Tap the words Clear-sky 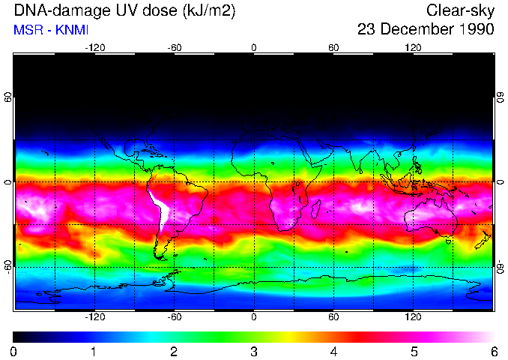click(460, 11)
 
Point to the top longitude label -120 click(94, 48)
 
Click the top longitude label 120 click(413, 48)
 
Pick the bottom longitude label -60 click(175, 316)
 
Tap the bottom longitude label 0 click(254, 316)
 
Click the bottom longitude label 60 click(333, 316)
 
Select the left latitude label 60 click(8, 98)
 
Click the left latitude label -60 click(8, 266)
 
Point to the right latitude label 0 click(500, 182)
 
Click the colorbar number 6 click(494, 351)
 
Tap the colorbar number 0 click(14, 351)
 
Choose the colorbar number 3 click(254, 351)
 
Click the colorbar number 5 click(414, 351)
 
